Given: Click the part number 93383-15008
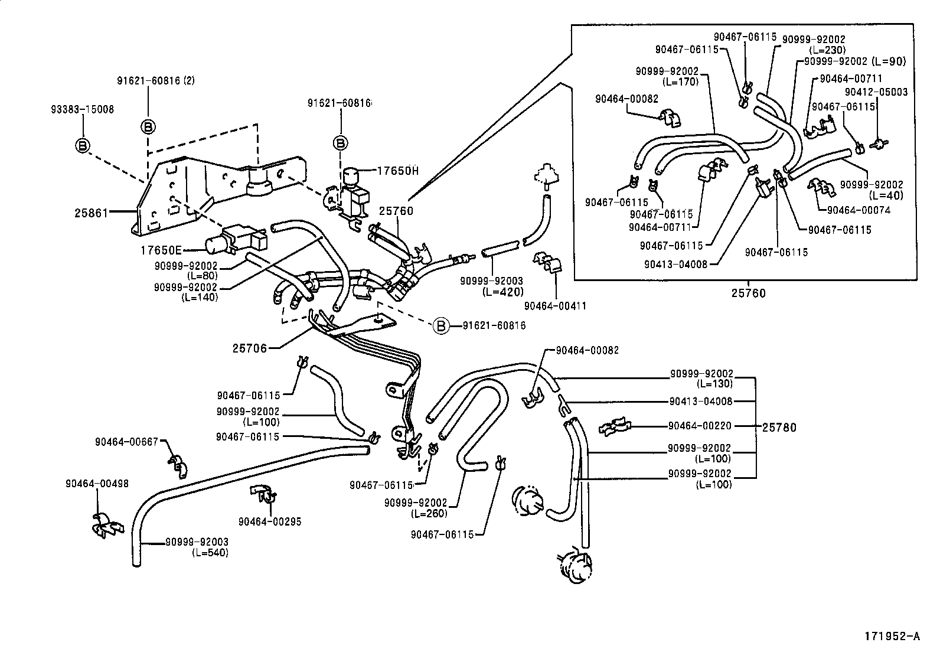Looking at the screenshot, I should [x=83, y=109].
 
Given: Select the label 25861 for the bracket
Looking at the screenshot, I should [x=92, y=212].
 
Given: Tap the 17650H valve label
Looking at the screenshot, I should [x=398, y=171].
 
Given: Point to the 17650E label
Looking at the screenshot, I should [x=159, y=250].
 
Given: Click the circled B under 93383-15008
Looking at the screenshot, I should [x=83, y=145].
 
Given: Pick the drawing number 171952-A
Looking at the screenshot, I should [x=892, y=636].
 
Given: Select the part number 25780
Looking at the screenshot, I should [x=779, y=427].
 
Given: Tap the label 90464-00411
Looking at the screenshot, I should [x=555, y=306].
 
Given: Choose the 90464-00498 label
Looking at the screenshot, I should [x=96, y=484].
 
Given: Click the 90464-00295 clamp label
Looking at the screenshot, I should [x=270, y=521].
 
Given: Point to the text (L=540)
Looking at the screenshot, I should [x=210, y=553].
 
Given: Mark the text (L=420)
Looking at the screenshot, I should [x=502, y=292].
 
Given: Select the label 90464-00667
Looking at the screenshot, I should [x=127, y=441].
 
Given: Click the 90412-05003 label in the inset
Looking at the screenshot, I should [x=876, y=92].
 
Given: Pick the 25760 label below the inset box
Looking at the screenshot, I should [x=748, y=293].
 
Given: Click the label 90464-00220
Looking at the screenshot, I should [x=700, y=425].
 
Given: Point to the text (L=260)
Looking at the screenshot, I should [x=429, y=513].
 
